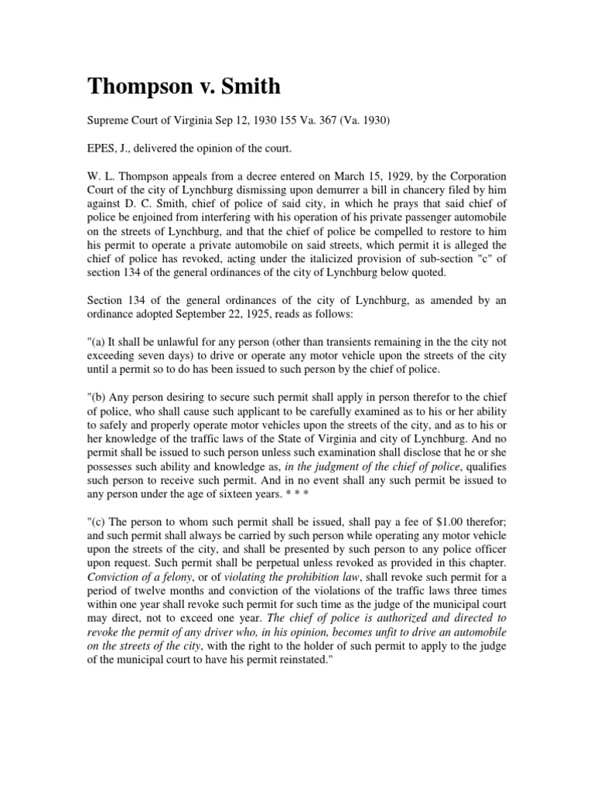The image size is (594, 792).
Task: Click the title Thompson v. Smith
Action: point(183,87)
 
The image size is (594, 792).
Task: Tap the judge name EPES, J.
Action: point(108,152)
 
